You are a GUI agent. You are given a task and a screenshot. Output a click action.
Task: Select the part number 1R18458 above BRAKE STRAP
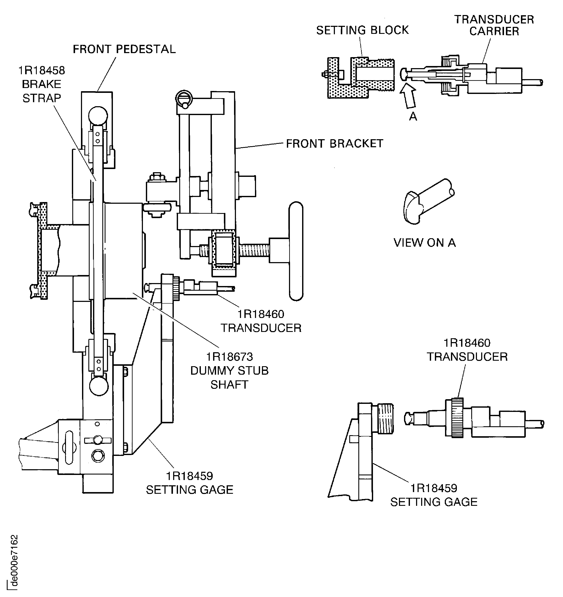[41, 71]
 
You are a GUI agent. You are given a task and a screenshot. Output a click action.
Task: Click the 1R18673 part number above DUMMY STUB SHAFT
[229, 357]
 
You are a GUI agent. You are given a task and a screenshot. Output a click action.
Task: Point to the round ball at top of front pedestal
[98, 115]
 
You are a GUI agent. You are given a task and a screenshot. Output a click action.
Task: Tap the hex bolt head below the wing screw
[97, 456]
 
